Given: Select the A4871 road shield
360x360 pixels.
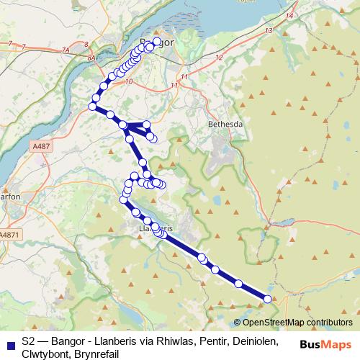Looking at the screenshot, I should pyautogui.click(x=9, y=235).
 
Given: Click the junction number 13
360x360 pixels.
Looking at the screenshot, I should pyautogui.click(x=269, y=31).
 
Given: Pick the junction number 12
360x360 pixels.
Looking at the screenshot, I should pyautogui.click(x=219, y=57).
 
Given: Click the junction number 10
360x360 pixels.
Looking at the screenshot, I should pyautogui.click(x=129, y=82).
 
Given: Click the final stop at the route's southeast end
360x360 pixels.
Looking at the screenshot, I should pyautogui.click(x=268, y=299).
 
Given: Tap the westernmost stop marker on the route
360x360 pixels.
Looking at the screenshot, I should pyautogui.click(x=92, y=107).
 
